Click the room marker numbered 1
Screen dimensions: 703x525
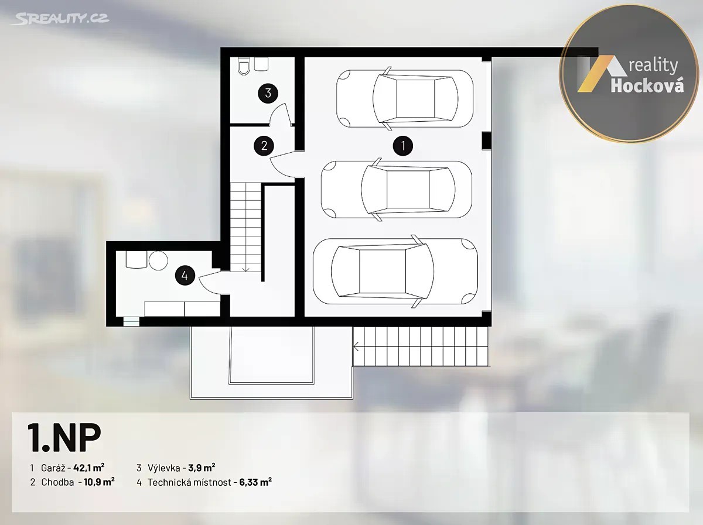coord(403,146)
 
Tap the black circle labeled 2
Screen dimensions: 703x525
coord(264,146)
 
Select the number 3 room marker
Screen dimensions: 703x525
coord(268,93)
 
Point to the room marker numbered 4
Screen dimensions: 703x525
coord(185,276)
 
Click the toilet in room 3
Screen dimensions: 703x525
coord(244,66)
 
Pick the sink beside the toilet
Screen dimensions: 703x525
coord(261,64)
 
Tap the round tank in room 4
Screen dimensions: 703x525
coord(158,260)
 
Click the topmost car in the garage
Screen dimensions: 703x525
coord(405,98)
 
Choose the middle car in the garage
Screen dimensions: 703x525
coord(397,190)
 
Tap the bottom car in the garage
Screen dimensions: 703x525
coord(395,270)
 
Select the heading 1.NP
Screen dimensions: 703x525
coord(64,438)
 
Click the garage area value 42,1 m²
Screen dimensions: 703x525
coord(88,468)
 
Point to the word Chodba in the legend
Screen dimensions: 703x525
coord(57,482)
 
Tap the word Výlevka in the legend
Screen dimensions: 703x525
coord(163,468)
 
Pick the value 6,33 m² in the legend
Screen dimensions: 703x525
coord(255,482)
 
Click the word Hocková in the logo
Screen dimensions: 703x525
coord(647,85)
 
